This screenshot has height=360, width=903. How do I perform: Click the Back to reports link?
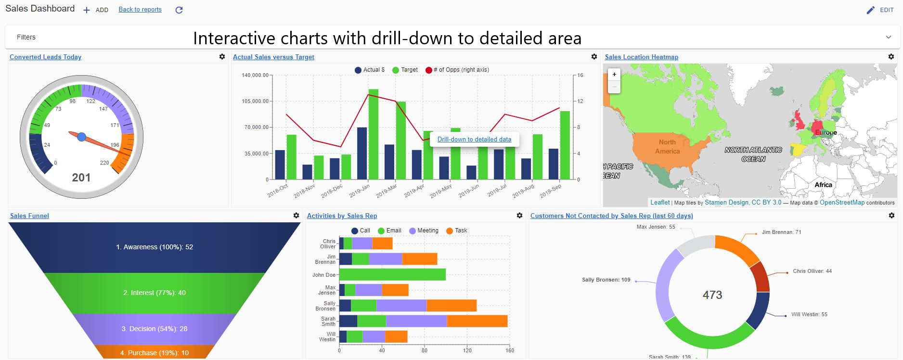point(140,10)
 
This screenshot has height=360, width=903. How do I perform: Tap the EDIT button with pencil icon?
point(880,10)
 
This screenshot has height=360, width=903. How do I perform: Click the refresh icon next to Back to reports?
point(179,10)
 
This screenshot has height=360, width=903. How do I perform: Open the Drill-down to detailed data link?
point(474,140)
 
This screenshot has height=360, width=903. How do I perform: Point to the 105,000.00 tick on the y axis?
point(256,102)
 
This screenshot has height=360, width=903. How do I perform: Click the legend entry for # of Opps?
point(457,70)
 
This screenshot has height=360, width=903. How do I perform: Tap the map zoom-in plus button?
point(614,75)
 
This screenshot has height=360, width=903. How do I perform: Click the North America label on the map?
point(667,147)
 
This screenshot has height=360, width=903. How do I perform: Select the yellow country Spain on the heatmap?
point(797,150)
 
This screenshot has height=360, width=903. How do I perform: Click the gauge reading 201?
point(81,178)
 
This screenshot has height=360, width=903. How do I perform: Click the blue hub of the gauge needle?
point(82,137)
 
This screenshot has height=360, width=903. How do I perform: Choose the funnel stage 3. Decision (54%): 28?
point(154,329)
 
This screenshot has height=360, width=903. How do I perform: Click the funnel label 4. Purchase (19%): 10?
point(154,353)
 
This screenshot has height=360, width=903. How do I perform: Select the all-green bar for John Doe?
point(392,275)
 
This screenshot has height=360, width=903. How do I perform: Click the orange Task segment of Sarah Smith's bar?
point(477,321)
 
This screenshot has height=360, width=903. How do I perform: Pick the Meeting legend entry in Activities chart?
point(424,231)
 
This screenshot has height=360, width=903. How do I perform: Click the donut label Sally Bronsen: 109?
point(606,280)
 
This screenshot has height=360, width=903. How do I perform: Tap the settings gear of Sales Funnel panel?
point(296,216)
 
